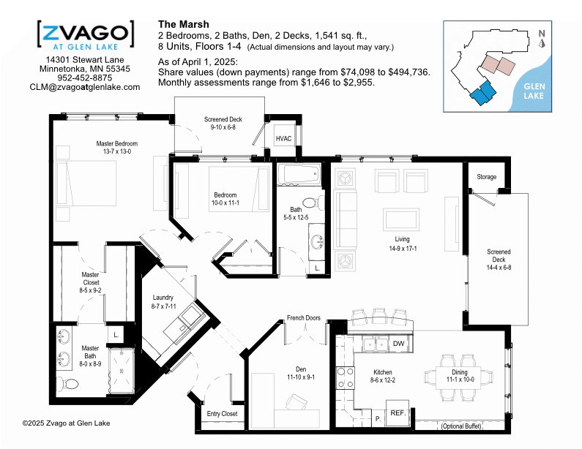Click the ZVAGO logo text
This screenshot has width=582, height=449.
pyautogui.click(x=86, y=33)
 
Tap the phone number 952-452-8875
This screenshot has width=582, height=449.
pyautogui.click(x=85, y=78)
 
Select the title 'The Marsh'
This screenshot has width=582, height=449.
pyautogui.click(x=183, y=24)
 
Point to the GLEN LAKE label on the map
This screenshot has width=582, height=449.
pyautogui.click(x=534, y=91)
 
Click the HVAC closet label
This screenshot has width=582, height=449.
pyautogui.click(x=283, y=139)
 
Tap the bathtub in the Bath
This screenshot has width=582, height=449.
pyautogui.click(x=299, y=175)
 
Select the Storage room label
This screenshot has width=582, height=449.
pyautogui.click(x=486, y=177)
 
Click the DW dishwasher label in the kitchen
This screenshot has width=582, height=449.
pyautogui.click(x=399, y=344)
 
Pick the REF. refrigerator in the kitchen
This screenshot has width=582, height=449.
pyautogui.click(x=398, y=413)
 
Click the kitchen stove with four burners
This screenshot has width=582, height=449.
pyautogui.click(x=345, y=378)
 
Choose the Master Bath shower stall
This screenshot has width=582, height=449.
pyautogui.click(x=121, y=371)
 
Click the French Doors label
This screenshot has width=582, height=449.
pyautogui.click(x=304, y=318)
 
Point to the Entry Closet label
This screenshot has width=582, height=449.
pyautogui.click(x=222, y=414)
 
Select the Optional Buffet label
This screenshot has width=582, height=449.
pyautogui.click(x=461, y=426)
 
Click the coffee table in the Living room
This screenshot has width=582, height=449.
pyautogui.click(x=401, y=219)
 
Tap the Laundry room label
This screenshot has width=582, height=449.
pyautogui.click(x=163, y=298)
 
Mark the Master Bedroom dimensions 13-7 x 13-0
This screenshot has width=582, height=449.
pyautogui.click(x=117, y=151)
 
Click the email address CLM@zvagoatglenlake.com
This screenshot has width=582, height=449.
pyautogui.click(x=85, y=87)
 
